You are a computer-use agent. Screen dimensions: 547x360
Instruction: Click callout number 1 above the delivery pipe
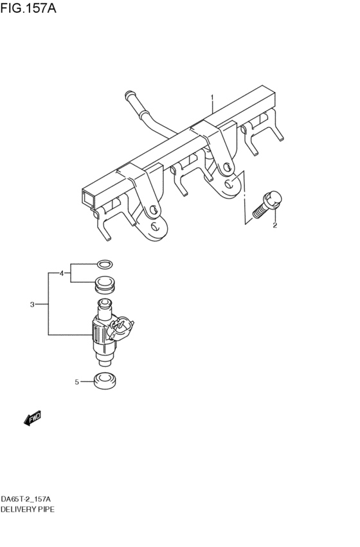(212, 98)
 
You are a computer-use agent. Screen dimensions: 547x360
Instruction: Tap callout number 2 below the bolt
(274, 225)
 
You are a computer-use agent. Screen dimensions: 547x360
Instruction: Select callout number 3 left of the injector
(32, 305)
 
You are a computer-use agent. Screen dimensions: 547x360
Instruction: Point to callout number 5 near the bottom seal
(76, 382)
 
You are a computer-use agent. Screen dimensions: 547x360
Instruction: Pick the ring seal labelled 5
(105, 381)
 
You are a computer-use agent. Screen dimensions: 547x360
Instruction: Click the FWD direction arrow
(32, 419)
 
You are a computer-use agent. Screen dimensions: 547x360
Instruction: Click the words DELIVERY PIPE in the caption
(28, 508)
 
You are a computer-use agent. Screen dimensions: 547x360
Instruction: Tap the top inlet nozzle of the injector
(104, 304)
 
